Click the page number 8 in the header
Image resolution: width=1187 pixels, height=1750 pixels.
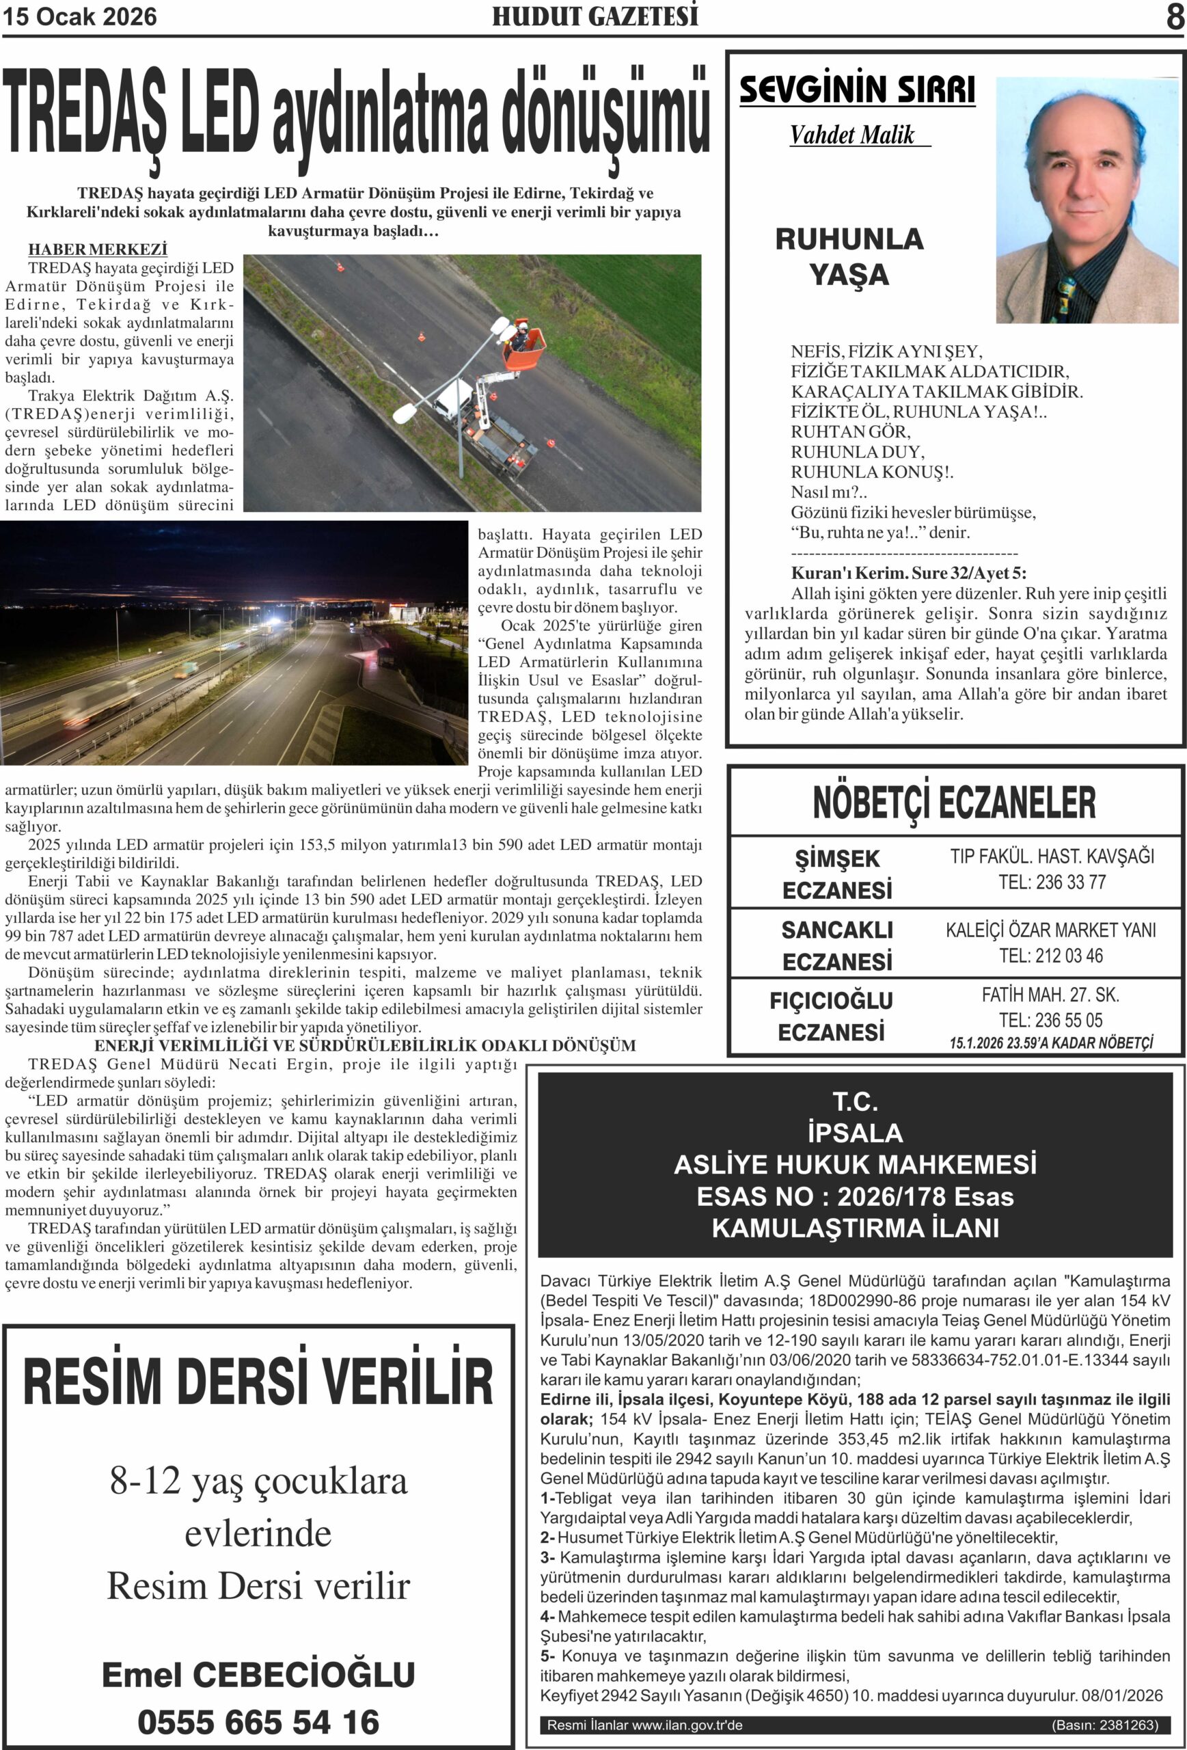coord(1175,16)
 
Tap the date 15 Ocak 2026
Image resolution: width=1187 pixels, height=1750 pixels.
coord(80,16)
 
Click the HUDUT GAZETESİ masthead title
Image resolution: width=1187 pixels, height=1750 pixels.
coord(595,16)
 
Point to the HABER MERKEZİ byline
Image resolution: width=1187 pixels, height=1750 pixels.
coord(98,250)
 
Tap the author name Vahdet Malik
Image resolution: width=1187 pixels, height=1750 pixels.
coord(852,135)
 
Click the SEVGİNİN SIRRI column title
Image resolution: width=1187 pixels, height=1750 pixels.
coord(856,90)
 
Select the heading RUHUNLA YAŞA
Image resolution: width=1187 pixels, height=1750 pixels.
coord(849,257)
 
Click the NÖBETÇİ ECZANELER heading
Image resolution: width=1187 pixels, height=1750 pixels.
coord(954,803)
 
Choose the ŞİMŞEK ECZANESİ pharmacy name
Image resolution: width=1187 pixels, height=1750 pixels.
coord(837,874)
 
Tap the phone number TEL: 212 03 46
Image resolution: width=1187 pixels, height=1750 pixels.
coord(1051,956)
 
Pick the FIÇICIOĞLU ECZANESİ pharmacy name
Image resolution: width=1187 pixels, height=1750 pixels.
coord(832,1016)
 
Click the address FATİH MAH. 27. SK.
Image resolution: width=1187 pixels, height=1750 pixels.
coord(1050,995)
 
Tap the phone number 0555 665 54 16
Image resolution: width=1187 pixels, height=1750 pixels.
coord(258,1721)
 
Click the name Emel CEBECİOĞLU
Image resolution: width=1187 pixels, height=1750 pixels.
coord(258,1674)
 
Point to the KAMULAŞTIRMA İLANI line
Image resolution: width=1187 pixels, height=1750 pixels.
coord(855,1228)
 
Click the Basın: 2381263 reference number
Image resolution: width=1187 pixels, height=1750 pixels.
coord(1104,1725)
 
